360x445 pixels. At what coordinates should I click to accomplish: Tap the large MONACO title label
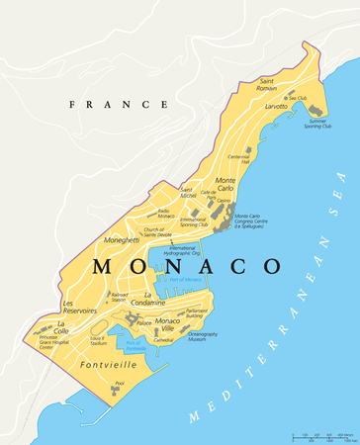coord(185,267)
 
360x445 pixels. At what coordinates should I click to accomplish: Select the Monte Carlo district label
coord(225,187)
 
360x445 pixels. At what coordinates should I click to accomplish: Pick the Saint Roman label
coord(267,83)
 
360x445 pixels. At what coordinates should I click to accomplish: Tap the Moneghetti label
coord(122,240)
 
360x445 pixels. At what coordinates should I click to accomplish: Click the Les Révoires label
coord(81,307)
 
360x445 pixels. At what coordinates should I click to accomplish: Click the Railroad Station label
coord(119,297)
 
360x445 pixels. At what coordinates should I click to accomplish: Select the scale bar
coord(321,435)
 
